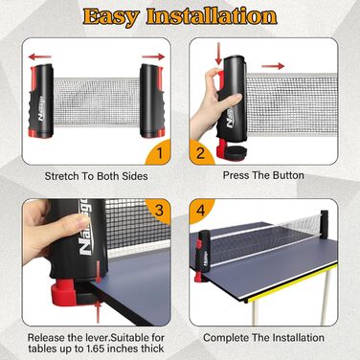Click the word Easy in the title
[x=111, y=16]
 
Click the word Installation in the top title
[x=212, y=16]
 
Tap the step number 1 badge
[x=159, y=153]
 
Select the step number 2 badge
[x=201, y=153]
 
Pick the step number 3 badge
[x=159, y=211]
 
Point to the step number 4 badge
[x=201, y=211]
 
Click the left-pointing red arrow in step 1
[x=40, y=57]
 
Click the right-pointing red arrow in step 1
[x=153, y=56]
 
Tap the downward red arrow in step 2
[x=218, y=54]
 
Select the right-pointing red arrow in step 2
[x=273, y=66]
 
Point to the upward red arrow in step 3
[x=98, y=311]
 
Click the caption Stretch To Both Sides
[x=96, y=176]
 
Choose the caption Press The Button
[x=263, y=175]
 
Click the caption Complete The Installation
[x=263, y=338]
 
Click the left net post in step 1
[x=41, y=101]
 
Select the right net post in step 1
[x=152, y=101]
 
